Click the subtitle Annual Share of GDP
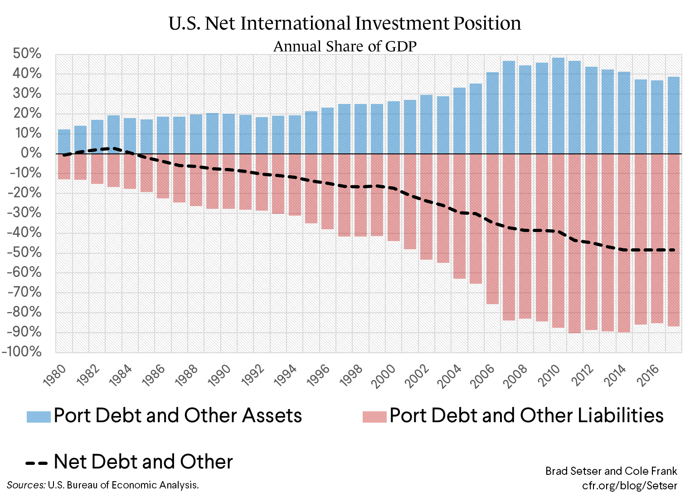click(x=345, y=46)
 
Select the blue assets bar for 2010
click(x=558, y=106)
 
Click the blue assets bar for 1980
click(x=64, y=142)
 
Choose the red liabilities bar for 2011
click(x=574, y=243)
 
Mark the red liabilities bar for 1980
click(x=64, y=167)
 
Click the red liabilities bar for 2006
click(x=492, y=229)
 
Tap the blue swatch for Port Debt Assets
click(x=39, y=417)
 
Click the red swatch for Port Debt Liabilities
click(x=374, y=417)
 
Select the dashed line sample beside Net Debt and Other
click(x=36, y=463)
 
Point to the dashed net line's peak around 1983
click(x=113, y=148)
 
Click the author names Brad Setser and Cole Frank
click(x=611, y=471)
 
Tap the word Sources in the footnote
click(x=26, y=485)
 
